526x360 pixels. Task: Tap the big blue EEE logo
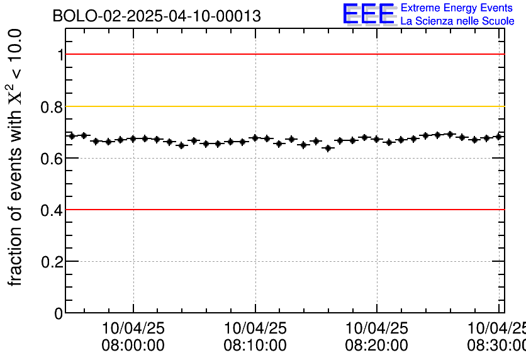[x=369, y=14]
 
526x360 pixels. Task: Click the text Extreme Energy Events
[x=457, y=8]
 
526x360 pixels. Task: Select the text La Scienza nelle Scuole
[x=457, y=21]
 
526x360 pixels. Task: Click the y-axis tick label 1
[x=60, y=55]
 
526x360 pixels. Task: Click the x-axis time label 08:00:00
[x=133, y=346]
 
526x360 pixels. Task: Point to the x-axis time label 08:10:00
[x=255, y=346]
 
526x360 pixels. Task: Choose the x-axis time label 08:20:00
[x=376, y=346]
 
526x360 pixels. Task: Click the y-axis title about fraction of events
[x=15, y=157]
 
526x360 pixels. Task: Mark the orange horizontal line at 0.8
[x=283, y=106]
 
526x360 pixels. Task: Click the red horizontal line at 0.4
[x=283, y=210]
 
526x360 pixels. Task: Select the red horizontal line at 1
[x=283, y=54]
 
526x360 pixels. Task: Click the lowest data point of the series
[x=328, y=149]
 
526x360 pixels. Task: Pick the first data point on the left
[x=72, y=136]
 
